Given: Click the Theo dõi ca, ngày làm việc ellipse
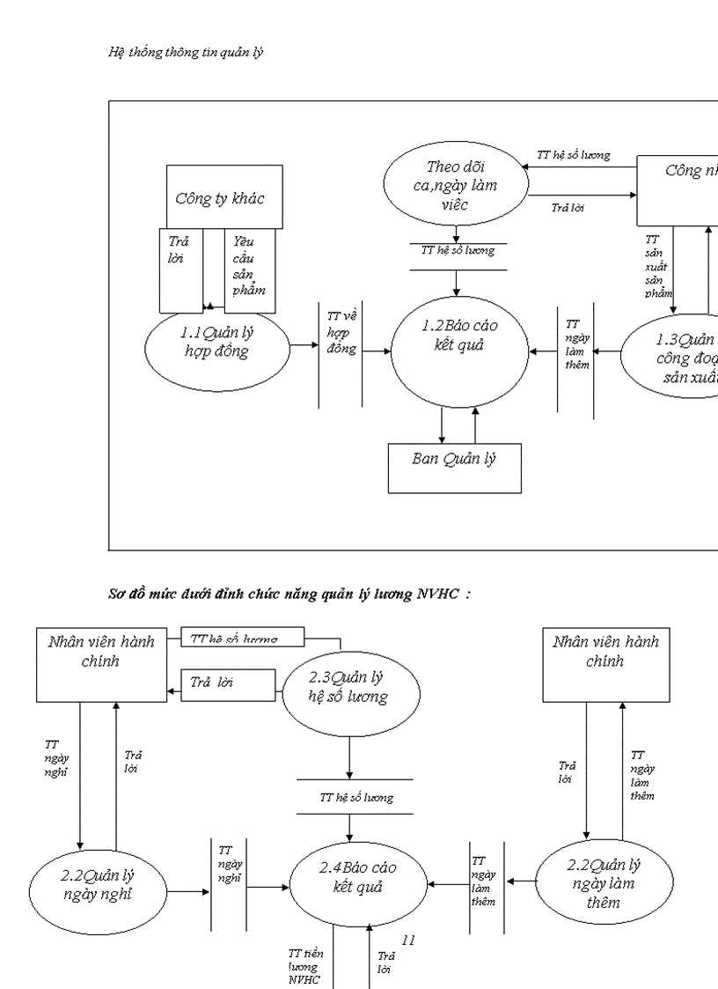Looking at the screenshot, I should pyautogui.click(x=456, y=186).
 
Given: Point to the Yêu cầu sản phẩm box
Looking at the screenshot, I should pyautogui.click(x=250, y=270).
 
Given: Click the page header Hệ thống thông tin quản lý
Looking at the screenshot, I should pyautogui.click(x=186, y=52).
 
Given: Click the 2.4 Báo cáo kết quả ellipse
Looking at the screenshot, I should pyautogui.click(x=357, y=877).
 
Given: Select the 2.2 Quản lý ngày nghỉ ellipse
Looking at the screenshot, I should pyautogui.click(x=98, y=885).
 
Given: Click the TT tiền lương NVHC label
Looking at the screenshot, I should pyautogui.click(x=304, y=967).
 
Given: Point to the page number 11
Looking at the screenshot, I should pyautogui.click(x=407, y=940).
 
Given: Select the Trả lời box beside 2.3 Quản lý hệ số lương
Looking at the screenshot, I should pyautogui.click(x=228, y=683).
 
